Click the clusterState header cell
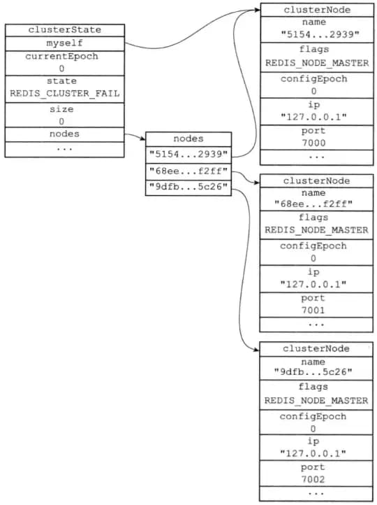pos(65,30)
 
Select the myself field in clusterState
pos(65,43)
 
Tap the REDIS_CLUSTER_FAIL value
pos(65,94)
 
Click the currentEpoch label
pos(61,57)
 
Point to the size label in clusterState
pos(61,109)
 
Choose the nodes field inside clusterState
pos(65,134)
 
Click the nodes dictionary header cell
pos(188,138)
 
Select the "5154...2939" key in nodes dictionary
pos(188,155)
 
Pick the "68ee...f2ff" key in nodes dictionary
pos(188,171)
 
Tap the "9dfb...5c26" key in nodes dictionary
pos(188,187)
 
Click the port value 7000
pos(313,143)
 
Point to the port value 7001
pos(313,310)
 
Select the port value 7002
pos(313,479)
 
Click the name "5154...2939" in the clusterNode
pos(320,34)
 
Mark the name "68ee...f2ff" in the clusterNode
pos(313,204)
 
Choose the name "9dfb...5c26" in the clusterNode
pos(313,372)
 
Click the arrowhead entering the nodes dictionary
pos(143,138)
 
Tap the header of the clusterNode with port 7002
pos(316,349)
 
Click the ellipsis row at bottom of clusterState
pos(65,149)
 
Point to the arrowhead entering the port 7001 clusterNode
pos(256,183)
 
